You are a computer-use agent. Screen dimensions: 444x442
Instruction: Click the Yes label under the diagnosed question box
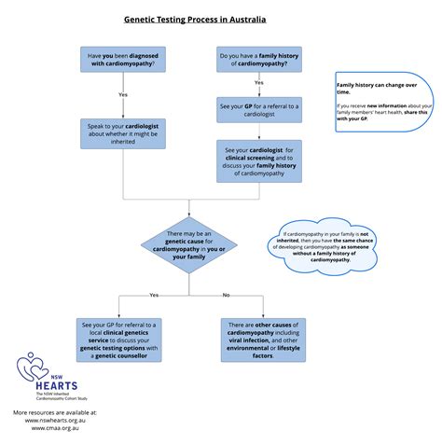point(123,95)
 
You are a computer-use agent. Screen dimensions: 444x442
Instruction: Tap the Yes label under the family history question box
point(258,82)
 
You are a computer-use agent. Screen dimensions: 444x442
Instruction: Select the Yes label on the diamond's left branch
point(153,295)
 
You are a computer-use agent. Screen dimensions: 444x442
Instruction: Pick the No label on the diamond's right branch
point(226,295)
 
